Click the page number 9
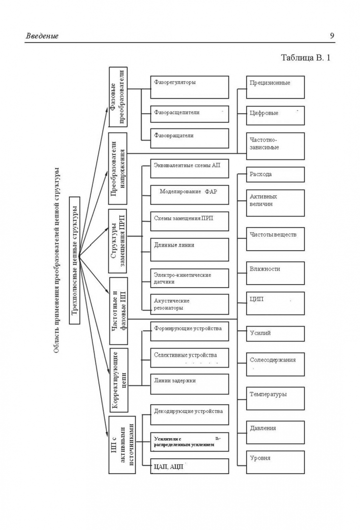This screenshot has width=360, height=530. pos(332,35)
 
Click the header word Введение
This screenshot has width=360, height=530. pos(42,36)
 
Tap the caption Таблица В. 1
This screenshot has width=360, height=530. pos(305,57)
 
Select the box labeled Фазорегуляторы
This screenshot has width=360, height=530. pos(189,87)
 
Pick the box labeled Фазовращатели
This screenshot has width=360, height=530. pos(189,138)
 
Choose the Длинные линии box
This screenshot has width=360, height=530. pos(189,249)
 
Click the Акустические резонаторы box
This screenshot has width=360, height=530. pos(189,304)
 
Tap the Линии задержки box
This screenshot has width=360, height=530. pos(189,384)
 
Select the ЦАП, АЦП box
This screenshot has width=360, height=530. pos(189,466)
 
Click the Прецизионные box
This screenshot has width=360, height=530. pos(275,87)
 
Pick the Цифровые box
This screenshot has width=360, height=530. pos(275,115)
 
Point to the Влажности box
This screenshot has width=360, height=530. pos(275,273)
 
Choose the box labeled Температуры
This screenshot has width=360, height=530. pos(275,398)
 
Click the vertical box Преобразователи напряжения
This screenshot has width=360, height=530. pos(118,168)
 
